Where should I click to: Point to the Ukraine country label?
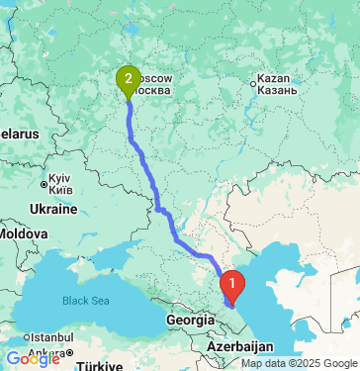[x=51, y=209]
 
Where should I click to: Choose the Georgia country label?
[x=186, y=320]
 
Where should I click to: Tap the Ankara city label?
[x=45, y=351]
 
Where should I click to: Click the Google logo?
[x=33, y=359]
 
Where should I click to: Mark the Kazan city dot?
[x=253, y=84]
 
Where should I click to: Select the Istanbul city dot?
[x=71, y=337]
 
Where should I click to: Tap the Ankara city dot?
[x=66, y=351]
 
